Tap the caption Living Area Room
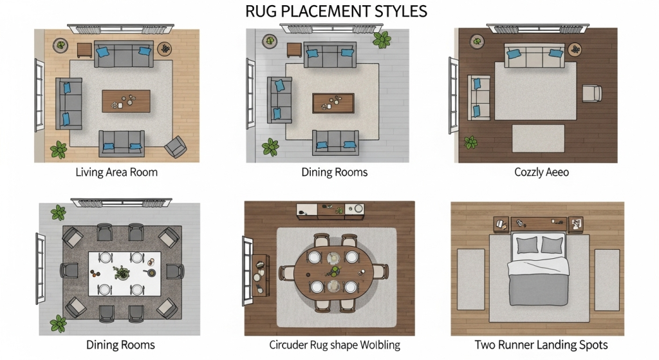click(116, 172)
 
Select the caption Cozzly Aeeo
click(541, 172)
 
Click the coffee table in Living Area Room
click(126, 101)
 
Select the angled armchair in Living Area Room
click(176, 147)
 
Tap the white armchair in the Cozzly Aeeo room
click(592, 93)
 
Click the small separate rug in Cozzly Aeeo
click(538, 138)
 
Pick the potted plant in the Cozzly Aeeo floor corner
click(470, 142)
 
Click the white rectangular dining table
click(124, 274)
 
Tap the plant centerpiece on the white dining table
click(122, 272)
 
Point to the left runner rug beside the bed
click(470, 279)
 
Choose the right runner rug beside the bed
click(607, 280)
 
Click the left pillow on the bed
click(527, 245)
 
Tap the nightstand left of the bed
click(501, 225)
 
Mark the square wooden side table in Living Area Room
click(84, 50)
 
